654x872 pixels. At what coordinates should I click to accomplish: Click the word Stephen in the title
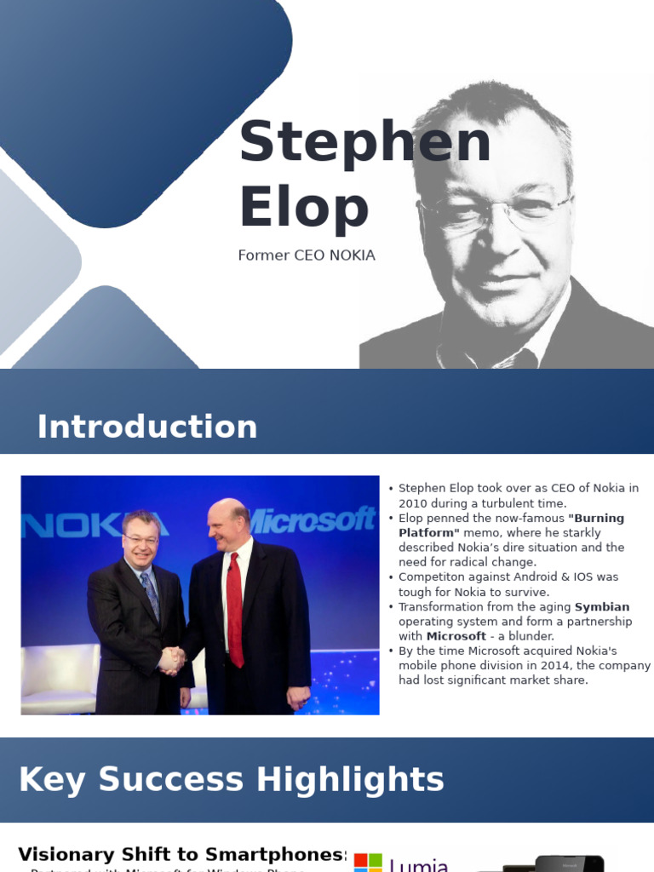coord(364,142)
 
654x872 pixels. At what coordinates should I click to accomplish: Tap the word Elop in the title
coord(304,208)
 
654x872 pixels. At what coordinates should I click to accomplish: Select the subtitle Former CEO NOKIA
coord(307,255)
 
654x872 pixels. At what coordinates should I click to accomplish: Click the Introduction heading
coord(146,427)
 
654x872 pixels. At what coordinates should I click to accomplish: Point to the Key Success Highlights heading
coord(231,780)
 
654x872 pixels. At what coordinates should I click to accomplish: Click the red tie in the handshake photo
coord(235,608)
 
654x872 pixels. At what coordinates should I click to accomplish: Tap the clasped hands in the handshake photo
coord(172,658)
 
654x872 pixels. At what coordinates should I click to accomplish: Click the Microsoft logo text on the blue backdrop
coord(312,519)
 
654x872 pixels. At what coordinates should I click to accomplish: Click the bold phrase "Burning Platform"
coord(511,525)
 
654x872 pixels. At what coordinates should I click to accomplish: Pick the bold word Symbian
coord(602,607)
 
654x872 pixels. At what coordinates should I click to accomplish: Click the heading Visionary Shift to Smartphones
coord(181,854)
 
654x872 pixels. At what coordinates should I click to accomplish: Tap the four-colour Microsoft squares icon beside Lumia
coord(368,862)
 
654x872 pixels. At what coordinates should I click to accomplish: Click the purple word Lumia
coord(418,865)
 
